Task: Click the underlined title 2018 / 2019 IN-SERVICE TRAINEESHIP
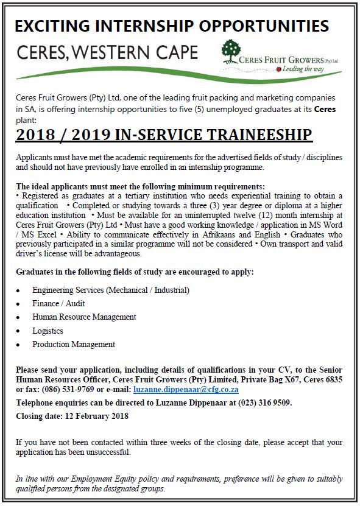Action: [164, 135]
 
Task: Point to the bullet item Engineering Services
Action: [111, 290]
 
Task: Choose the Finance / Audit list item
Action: [58, 303]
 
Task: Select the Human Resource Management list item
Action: [84, 317]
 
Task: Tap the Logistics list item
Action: [48, 331]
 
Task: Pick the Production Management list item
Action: [74, 344]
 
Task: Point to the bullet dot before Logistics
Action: [20, 331]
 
